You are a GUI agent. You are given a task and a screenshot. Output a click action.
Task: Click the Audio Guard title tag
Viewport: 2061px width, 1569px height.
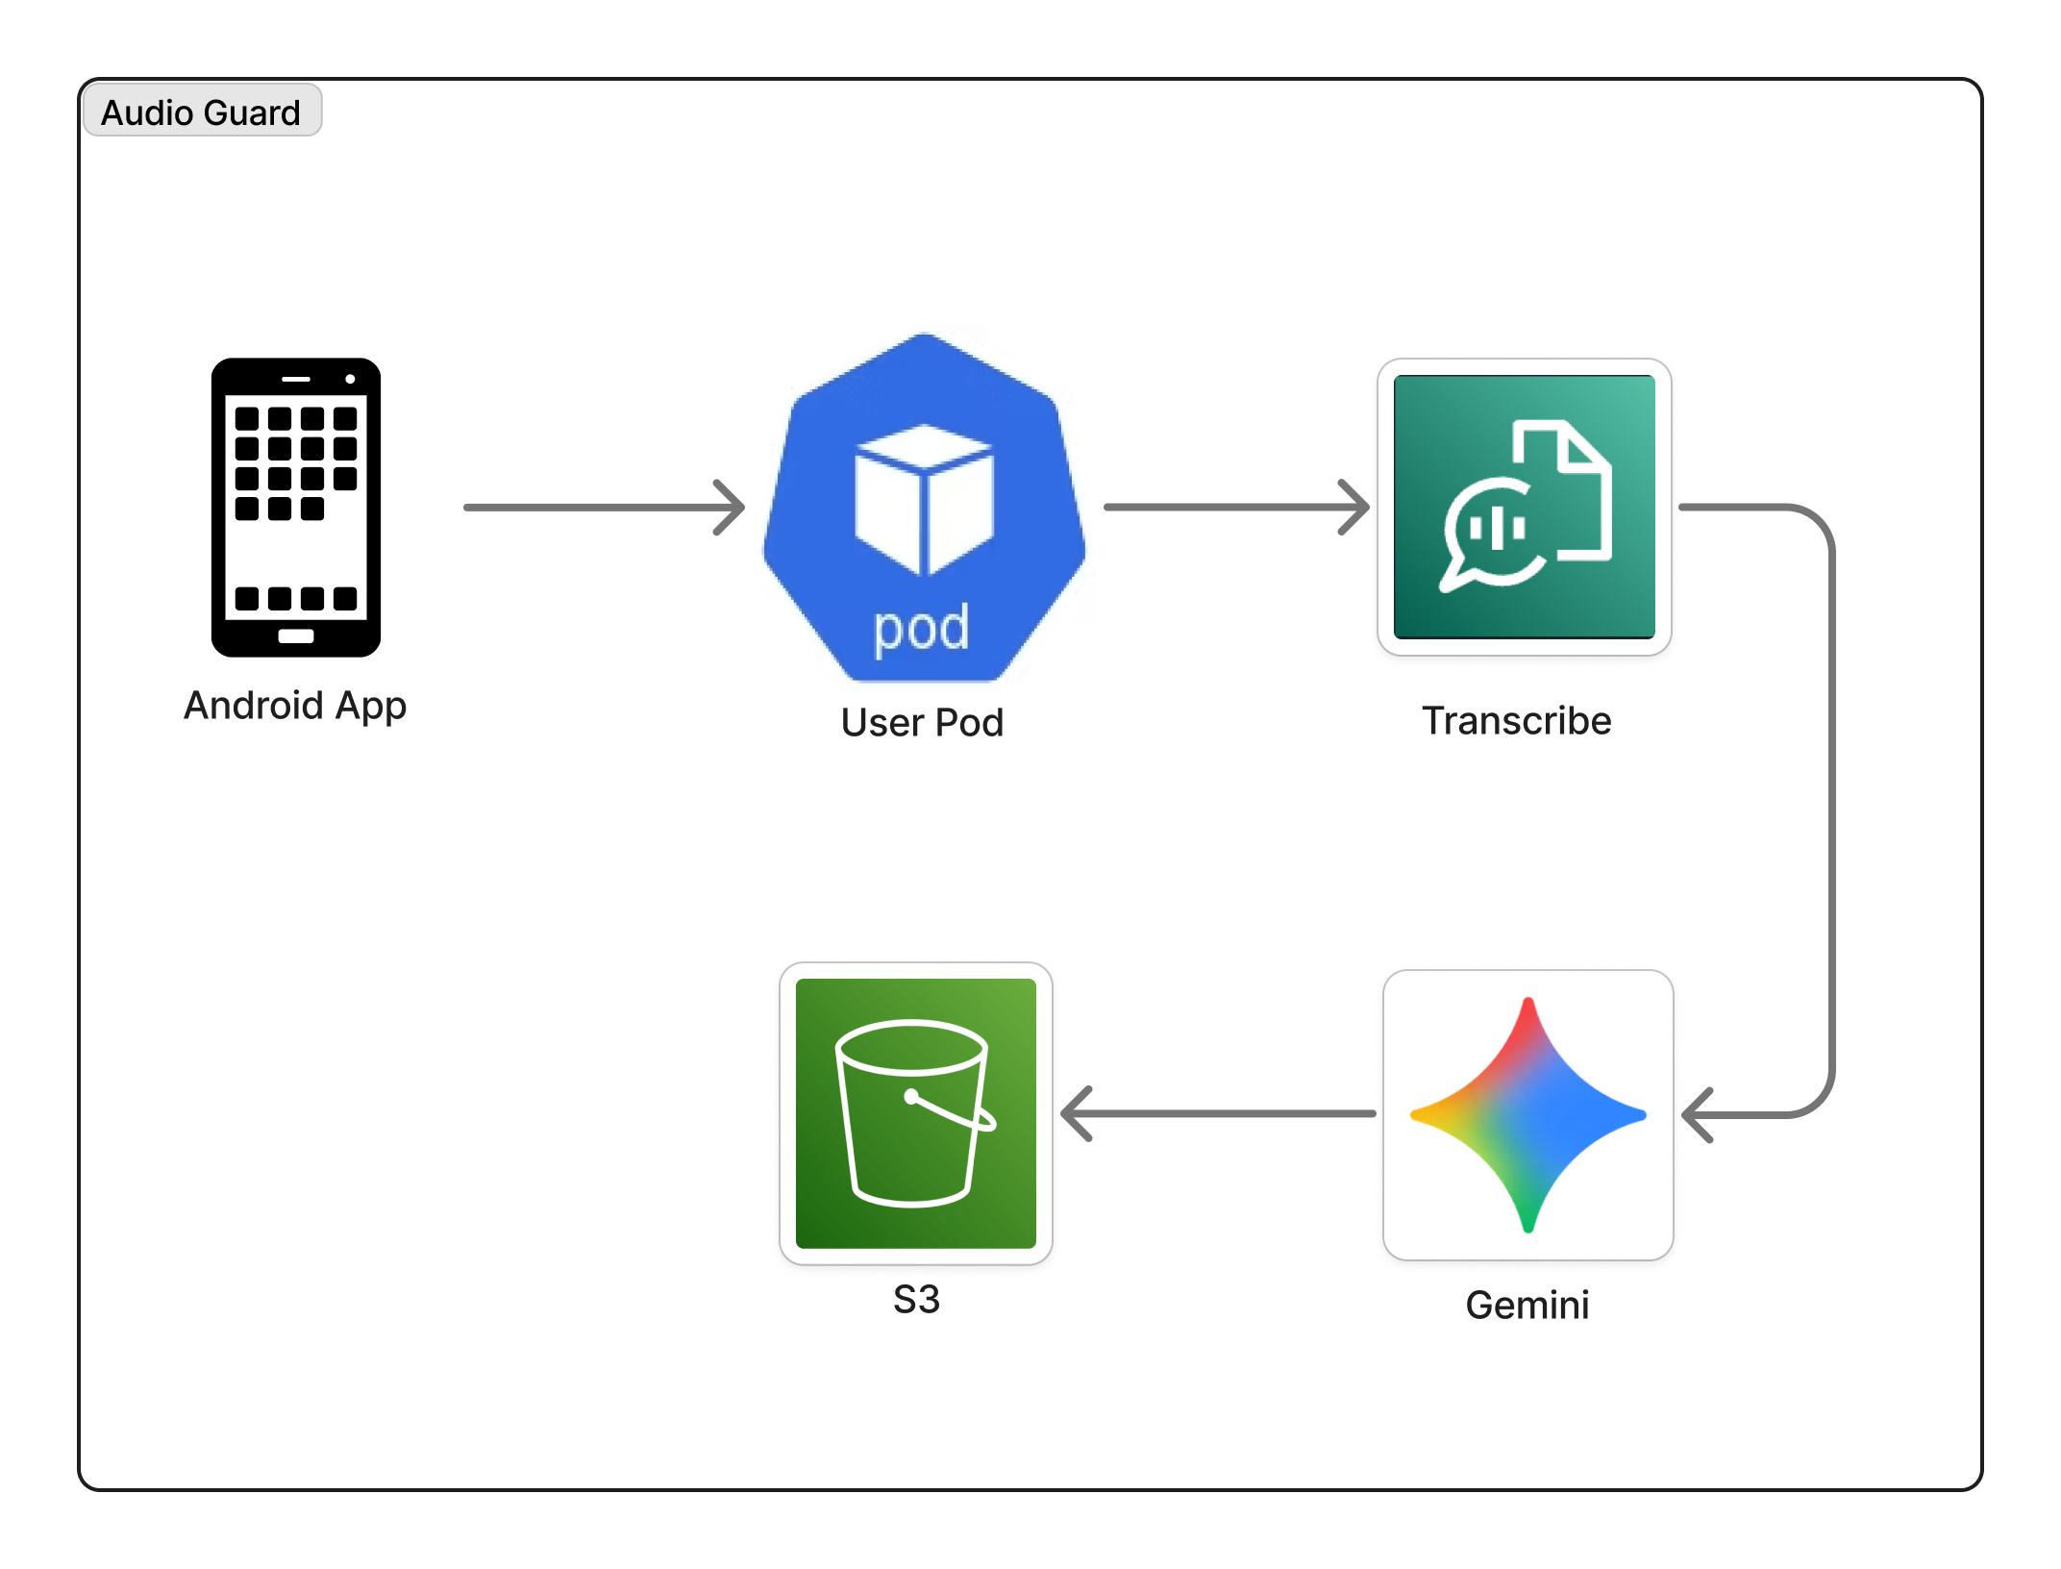[x=201, y=112]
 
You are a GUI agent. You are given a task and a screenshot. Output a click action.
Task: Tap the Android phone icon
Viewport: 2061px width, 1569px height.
[x=296, y=507]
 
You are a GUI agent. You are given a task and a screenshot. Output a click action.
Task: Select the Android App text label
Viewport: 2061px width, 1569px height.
[x=295, y=707]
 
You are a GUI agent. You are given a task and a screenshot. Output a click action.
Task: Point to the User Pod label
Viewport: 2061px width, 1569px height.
[x=922, y=723]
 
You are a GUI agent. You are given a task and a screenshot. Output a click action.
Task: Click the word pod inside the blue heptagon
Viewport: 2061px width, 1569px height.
[x=921, y=629]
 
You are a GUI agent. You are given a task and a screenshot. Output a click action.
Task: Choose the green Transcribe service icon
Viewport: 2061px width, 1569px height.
[x=1524, y=507]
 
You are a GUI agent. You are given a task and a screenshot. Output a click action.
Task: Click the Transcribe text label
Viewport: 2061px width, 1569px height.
[x=1516, y=721]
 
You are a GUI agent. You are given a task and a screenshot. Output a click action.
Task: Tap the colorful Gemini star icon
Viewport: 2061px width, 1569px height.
[x=1527, y=1115]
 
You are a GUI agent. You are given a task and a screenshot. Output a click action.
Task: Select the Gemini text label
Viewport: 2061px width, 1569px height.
[x=1527, y=1306]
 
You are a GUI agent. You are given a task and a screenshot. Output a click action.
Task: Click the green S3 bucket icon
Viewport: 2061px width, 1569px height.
[x=915, y=1113]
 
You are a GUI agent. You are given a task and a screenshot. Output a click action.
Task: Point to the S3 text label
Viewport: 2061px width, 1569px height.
[x=916, y=1300]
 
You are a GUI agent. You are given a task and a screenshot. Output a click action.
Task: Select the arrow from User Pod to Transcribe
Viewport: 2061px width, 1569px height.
[x=1235, y=507]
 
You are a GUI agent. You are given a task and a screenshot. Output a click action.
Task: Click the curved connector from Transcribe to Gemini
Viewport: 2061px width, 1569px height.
[x=1832, y=808]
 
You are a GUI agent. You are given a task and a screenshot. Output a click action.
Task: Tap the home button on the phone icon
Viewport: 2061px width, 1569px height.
[x=296, y=636]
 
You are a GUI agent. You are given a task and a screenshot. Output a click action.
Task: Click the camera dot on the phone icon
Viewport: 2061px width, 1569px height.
[x=350, y=380]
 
